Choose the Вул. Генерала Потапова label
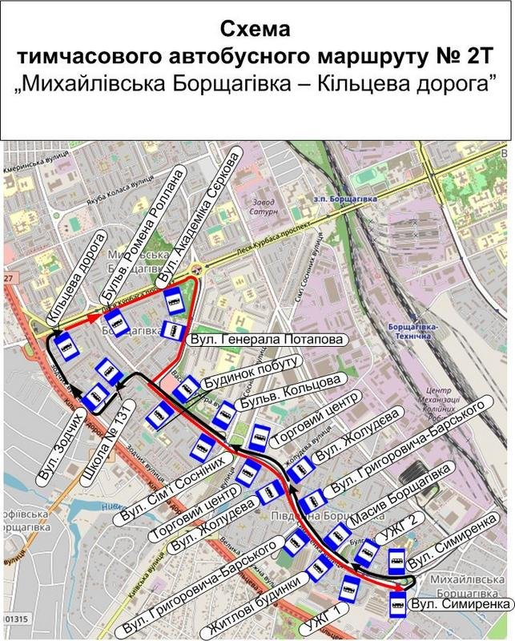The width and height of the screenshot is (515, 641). click(x=268, y=340)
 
